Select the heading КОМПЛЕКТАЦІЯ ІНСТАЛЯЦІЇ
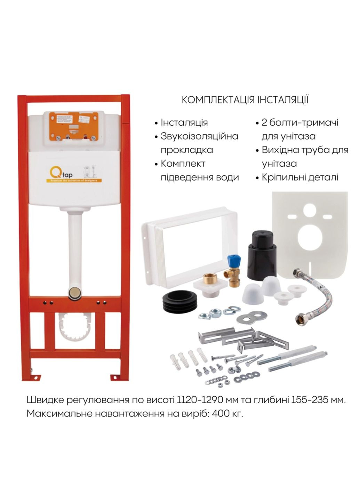point(245,100)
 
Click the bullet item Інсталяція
point(184,122)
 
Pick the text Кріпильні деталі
point(300,177)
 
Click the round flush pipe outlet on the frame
point(74,292)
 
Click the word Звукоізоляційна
point(199,136)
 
